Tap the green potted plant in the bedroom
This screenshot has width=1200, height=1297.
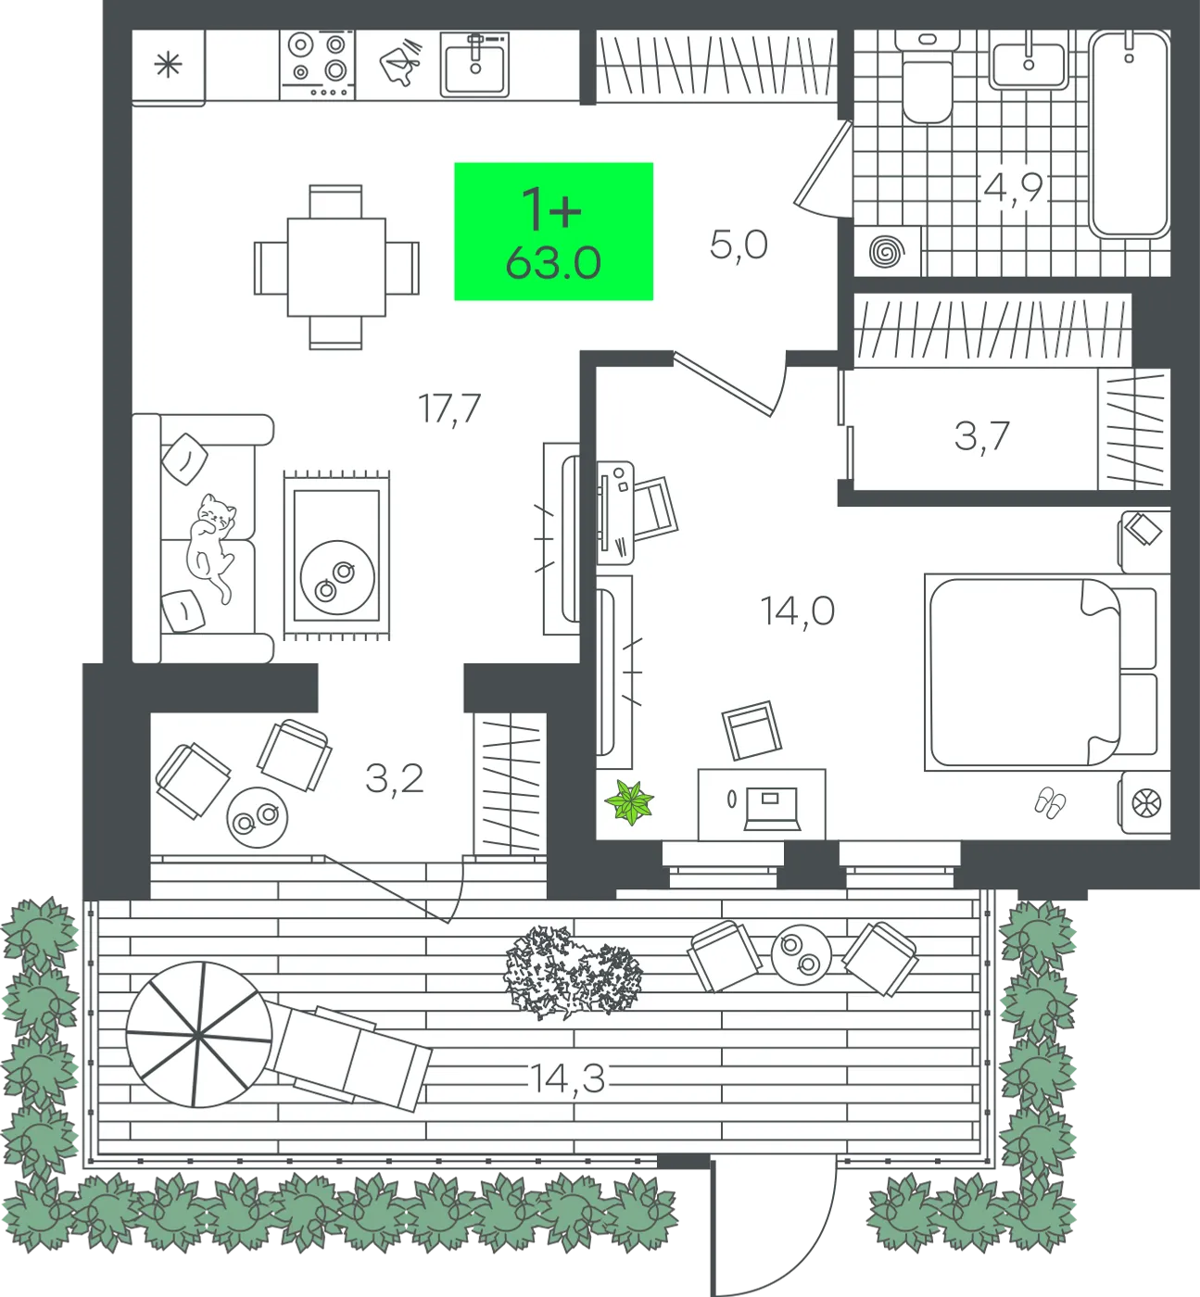click(x=629, y=802)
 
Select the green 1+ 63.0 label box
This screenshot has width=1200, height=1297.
click(x=553, y=232)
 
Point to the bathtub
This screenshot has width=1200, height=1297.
click(x=1130, y=133)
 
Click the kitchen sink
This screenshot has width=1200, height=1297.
click(x=475, y=65)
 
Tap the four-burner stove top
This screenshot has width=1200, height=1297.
click(x=318, y=65)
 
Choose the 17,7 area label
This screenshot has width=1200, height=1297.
click(x=449, y=409)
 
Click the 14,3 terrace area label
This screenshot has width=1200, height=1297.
click(x=567, y=1077)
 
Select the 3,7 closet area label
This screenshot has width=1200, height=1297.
click(x=982, y=437)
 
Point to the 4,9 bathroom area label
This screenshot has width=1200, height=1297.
click(x=1013, y=189)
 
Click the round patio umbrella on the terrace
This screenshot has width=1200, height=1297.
click(x=198, y=1035)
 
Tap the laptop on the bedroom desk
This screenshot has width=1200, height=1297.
click(x=772, y=809)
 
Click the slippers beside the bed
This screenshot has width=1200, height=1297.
click(x=1050, y=802)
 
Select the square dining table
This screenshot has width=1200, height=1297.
click(x=336, y=267)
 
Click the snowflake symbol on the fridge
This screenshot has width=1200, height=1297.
click(x=168, y=65)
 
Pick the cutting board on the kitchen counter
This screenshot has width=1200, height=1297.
click(x=399, y=63)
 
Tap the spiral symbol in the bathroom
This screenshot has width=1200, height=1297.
click(x=887, y=251)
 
